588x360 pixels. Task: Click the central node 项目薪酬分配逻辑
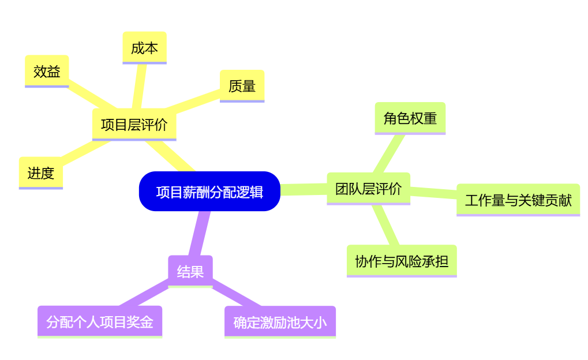(x=209, y=192)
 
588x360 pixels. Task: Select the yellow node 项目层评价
(x=134, y=125)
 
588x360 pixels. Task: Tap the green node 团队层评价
(x=368, y=189)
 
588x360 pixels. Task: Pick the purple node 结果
(x=190, y=271)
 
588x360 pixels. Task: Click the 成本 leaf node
(x=144, y=48)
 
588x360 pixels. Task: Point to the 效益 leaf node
(x=47, y=72)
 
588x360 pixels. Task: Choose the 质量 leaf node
(x=242, y=86)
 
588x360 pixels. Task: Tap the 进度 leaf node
(x=40, y=172)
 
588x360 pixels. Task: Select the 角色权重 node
(x=410, y=118)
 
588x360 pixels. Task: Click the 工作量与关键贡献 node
(x=518, y=200)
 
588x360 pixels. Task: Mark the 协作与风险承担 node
(x=402, y=261)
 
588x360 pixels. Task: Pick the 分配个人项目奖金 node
(x=100, y=321)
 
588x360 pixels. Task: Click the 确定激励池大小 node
(x=280, y=322)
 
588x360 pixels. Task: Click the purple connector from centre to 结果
(x=199, y=234)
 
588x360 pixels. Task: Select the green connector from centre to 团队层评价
(x=304, y=190)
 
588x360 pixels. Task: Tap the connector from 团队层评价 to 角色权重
(x=389, y=153)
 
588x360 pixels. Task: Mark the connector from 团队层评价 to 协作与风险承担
(x=386, y=225)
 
